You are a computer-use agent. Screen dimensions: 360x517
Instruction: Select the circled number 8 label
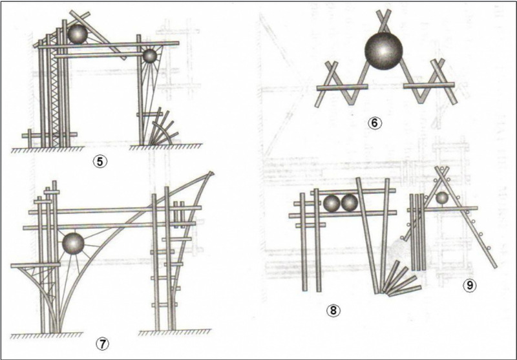[x=334, y=312]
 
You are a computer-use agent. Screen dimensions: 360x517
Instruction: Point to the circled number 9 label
[x=469, y=284]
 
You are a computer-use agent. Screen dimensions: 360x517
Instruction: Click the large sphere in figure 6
[x=384, y=53]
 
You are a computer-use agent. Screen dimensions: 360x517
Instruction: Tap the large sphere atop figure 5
[x=79, y=34]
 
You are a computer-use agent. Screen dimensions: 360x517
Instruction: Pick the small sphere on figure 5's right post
[x=150, y=56]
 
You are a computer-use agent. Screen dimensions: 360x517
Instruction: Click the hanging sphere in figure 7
[x=73, y=244]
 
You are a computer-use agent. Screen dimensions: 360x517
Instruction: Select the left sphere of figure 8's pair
[x=332, y=204]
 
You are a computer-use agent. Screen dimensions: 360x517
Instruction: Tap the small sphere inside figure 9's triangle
[x=442, y=198]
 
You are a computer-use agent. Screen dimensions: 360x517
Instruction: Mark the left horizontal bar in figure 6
[x=339, y=86]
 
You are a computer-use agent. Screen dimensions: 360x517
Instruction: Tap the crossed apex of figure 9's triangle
[x=442, y=172]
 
